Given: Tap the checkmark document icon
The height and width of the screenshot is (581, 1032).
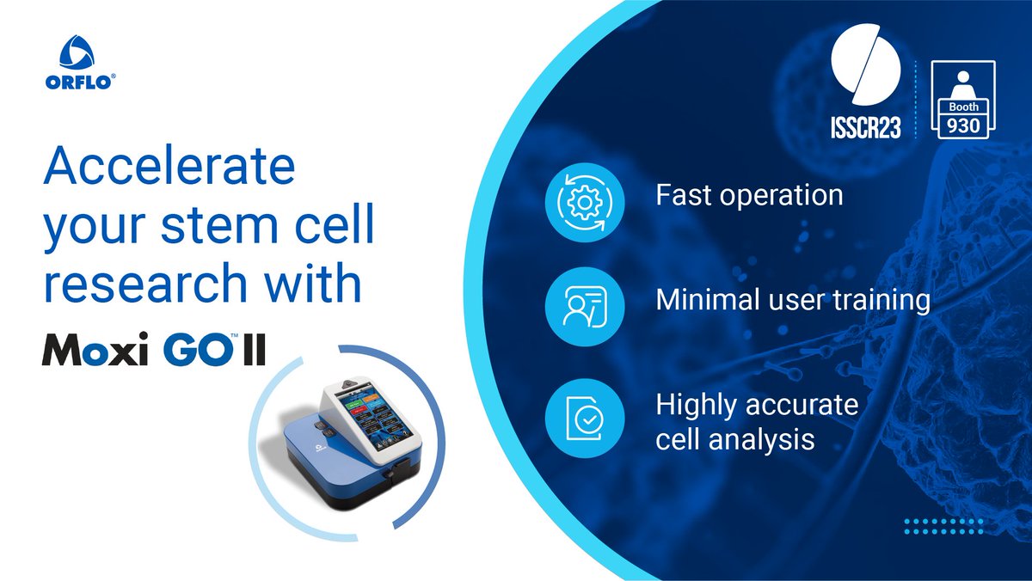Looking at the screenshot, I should coord(577,420).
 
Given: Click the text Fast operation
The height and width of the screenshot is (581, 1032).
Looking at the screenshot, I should coord(749,195).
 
